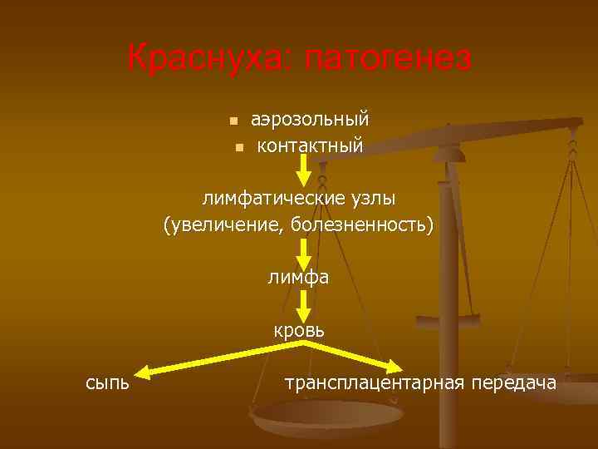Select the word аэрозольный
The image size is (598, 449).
pyautogui.click(x=310, y=119)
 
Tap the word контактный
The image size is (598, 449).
pyautogui.click(x=310, y=146)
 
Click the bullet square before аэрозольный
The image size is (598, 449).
pyautogui.click(x=234, y=121)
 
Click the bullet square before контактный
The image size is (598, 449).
pyautogui.click(x=238, y=147)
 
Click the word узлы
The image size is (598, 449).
pyautogui.click(x=370, y=199)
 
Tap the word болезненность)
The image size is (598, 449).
pyautogui.click(x=361, y=225)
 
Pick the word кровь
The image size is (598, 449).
pyautogui.click(x=300, y=330)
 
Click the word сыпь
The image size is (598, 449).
pyautogui.click(x=107, y=382)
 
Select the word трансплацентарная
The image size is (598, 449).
pyautogui.click(x=375, y=383)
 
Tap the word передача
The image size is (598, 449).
pyautogui.click(x=513, y=382)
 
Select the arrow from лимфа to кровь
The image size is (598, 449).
pyautogui.click(x=303, y=303)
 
